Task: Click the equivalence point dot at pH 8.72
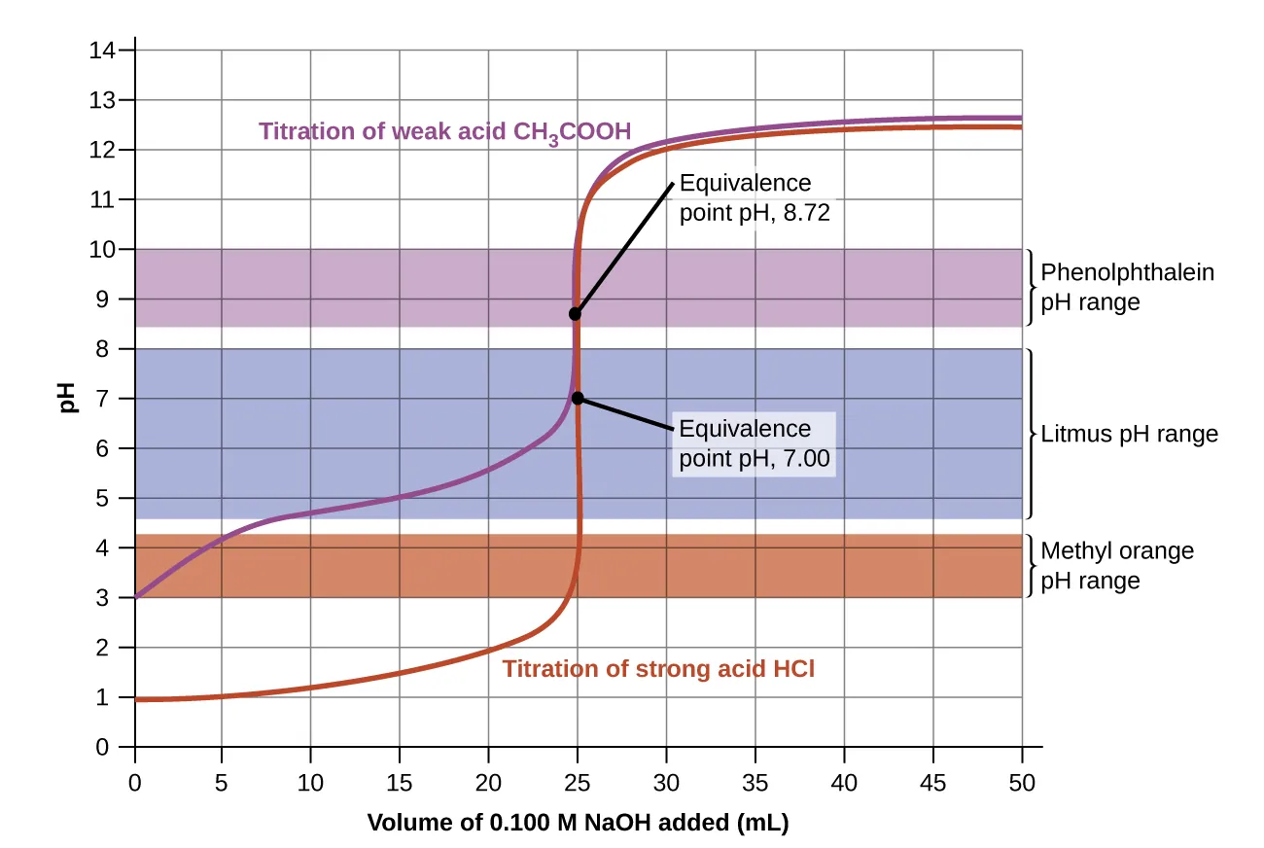point(576,313)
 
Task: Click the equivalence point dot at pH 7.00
point(578,398)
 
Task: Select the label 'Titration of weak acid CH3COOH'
point(444,131)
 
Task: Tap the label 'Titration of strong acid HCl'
point(658,669)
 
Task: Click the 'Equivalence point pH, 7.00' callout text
point(754,443)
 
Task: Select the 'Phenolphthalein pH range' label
point(1127,287)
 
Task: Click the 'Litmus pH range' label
point(1129,435)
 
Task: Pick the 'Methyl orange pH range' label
point(1116,566)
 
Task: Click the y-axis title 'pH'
point(68,399)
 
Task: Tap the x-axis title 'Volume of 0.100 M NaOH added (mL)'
point(578,823)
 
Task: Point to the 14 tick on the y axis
point(103,51)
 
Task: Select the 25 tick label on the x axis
point(578,781)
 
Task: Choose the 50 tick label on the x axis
point(1021,781)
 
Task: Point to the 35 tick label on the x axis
point(755,781)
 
